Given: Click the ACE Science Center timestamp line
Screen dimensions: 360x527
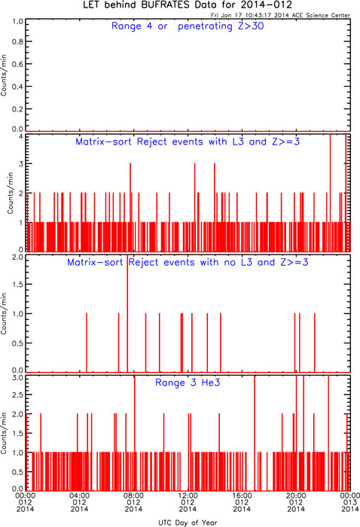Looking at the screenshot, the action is [280, 15].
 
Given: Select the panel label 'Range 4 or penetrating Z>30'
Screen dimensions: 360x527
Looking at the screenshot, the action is [188, 26].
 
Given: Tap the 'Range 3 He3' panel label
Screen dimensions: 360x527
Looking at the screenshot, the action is [188, 382].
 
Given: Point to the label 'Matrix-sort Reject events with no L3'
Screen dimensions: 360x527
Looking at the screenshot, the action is [160, 262].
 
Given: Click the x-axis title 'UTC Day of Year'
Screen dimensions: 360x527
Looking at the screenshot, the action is [188, 522].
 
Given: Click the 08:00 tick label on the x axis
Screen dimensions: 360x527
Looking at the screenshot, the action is [133, 495].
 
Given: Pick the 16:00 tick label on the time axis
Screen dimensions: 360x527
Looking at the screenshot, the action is [242, 495].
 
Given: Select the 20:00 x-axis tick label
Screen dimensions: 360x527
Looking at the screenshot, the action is [296, 495].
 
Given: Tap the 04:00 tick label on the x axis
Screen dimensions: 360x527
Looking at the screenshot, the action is [79, 495].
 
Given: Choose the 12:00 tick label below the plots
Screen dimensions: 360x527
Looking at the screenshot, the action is [188, 495].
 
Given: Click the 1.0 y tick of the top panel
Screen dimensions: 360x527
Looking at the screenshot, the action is [18, 22].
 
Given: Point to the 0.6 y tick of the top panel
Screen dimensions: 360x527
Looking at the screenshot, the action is [18, 64].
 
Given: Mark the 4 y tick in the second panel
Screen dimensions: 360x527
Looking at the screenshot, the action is [21, 136].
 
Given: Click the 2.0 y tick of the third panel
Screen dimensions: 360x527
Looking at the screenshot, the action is [18, 257].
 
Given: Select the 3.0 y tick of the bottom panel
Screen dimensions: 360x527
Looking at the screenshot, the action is [18, 378].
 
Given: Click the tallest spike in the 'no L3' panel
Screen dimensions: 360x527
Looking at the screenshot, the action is [127, 313].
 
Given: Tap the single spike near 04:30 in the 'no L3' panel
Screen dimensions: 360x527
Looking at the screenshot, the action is [87, 343].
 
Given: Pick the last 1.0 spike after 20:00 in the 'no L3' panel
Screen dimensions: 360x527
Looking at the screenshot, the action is [315, 343].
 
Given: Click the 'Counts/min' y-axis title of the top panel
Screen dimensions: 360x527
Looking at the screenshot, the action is [4, 75].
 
